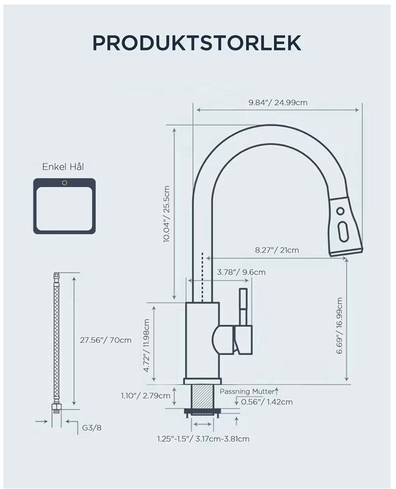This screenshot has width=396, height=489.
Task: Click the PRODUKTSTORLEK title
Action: pyautogui.click(x=197, y=43)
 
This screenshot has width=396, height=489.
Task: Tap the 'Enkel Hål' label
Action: pyautogui.click(x=63, y=167)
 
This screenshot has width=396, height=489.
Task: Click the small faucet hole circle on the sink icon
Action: pyautogui.click(x=65, y=183)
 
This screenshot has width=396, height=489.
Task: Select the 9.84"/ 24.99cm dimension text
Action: pyautogui.click(x=278, y=103)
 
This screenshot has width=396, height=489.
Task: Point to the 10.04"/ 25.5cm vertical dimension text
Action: pyautogui.click(x=166, y=214)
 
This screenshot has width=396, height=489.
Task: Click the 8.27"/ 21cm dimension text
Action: pyautogui.click(x=277, y=250)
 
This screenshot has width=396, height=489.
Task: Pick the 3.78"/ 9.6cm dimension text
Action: pyautogui.click(x=241, y=272)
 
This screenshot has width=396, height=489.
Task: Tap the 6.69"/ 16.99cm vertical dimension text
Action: pyautogui.click(x=340, y=325)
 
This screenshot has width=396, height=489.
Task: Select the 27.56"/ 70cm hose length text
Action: pyautogui.click(x=106, y=340)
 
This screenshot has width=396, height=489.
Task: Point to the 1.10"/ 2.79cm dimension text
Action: pyautogui.click(x=146, y=396)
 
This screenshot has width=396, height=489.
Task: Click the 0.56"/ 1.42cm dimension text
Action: pyautogui.click(x=267, y=402)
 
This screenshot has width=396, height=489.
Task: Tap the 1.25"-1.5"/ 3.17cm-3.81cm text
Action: pyautogui.click(x=203, y=439)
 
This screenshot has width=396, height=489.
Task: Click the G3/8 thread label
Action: pyautogui.click(x=92, y=427)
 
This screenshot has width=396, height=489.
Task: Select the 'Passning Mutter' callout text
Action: pyautogui.click(x=247, y=391)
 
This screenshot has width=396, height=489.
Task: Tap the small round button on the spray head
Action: pyautogui.click(x=341, y=211)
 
